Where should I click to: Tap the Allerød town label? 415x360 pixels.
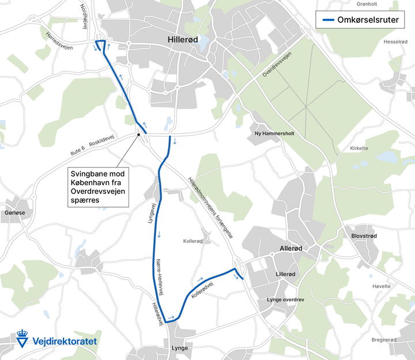290,249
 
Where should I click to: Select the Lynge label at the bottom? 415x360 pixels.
180,348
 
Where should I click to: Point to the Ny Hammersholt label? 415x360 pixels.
274,133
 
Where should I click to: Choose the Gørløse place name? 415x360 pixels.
15,212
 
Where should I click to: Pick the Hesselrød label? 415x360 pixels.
395,42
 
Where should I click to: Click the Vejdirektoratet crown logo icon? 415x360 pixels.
23,339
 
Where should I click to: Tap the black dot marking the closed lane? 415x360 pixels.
139,134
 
